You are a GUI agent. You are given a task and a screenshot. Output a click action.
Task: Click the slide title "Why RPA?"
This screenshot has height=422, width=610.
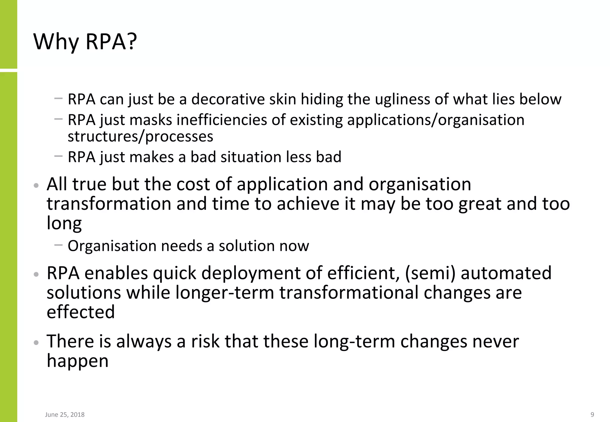click(85, 42)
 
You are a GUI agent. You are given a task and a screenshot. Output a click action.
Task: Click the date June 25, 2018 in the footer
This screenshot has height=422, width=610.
click(65, 415)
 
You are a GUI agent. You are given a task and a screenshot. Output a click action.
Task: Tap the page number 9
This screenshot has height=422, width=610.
click(592, 415)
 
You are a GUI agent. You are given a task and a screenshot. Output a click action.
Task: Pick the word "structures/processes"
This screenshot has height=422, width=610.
click(140, 136)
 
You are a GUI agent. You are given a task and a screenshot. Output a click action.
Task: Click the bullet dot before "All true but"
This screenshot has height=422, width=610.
click(36, 185)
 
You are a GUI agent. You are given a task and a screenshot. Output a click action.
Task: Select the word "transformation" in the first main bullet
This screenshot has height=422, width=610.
click(109, 204)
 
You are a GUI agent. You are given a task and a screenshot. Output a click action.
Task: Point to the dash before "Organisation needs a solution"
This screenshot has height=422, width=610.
click(59, 245)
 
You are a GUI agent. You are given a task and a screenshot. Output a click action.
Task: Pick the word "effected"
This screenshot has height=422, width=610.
click(80, 312)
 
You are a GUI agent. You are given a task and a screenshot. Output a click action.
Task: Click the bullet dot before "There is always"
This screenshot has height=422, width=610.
click(36, 342)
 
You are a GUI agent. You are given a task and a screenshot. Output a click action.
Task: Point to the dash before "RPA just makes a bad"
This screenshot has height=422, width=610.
click(59, 156)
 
